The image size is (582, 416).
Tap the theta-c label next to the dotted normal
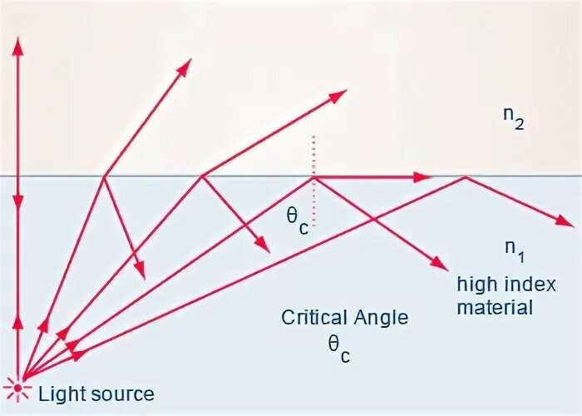click(x=297, y=221)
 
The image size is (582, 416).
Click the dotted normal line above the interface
click(x=313, y=154)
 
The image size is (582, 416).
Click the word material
click(x=496, y=307)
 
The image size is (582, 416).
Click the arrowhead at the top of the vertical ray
click(x=18, y=47)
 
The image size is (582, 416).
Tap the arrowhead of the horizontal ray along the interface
click(x=422, y=176)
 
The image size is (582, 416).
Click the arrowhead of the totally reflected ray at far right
click(x=565, y=222)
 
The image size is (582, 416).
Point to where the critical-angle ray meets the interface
click(x=313, y=176)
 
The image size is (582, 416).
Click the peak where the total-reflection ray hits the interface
click(x=465, y=176)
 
